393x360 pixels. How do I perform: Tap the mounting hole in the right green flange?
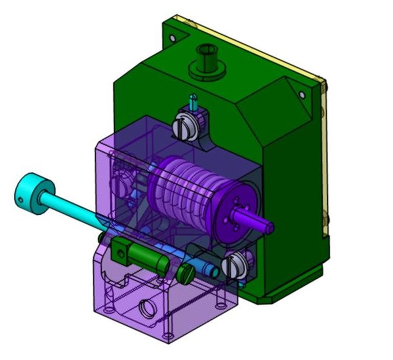pos(302,95)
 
